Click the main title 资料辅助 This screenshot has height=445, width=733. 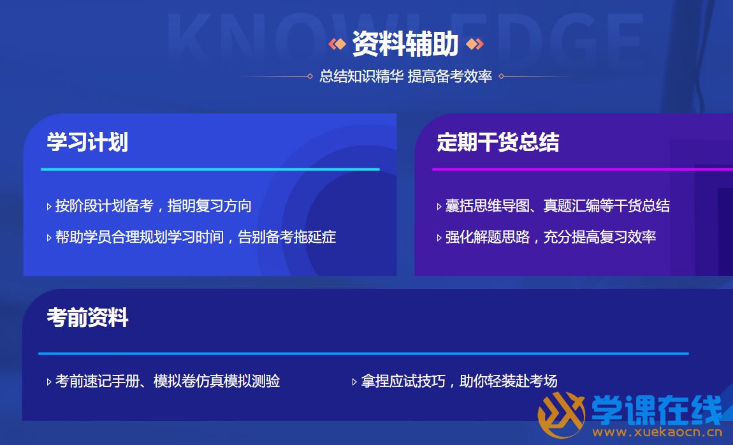405,44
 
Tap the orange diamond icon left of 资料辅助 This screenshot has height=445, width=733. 337,44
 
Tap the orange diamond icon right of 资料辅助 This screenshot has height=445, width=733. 474,44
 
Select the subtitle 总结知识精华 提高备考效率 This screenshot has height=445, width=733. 405,77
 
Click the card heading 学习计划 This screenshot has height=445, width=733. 87,142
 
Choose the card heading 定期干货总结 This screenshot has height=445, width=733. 498,142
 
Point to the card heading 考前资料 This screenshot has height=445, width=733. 87,318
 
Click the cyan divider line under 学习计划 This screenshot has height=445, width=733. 210,169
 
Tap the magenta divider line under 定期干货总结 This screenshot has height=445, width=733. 583,169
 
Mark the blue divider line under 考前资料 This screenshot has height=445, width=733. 363,353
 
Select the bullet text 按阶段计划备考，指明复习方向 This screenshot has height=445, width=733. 154,206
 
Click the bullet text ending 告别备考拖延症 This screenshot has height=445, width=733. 196,237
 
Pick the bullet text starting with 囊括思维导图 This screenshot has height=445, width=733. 557,206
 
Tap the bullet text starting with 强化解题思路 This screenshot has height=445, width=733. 550,237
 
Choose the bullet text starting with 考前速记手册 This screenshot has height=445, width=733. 168,381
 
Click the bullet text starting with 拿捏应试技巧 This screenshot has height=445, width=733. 459,381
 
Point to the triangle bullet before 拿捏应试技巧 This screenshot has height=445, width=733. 354,382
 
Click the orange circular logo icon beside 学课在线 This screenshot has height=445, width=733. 561,414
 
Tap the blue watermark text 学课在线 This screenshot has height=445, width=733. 657,409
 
